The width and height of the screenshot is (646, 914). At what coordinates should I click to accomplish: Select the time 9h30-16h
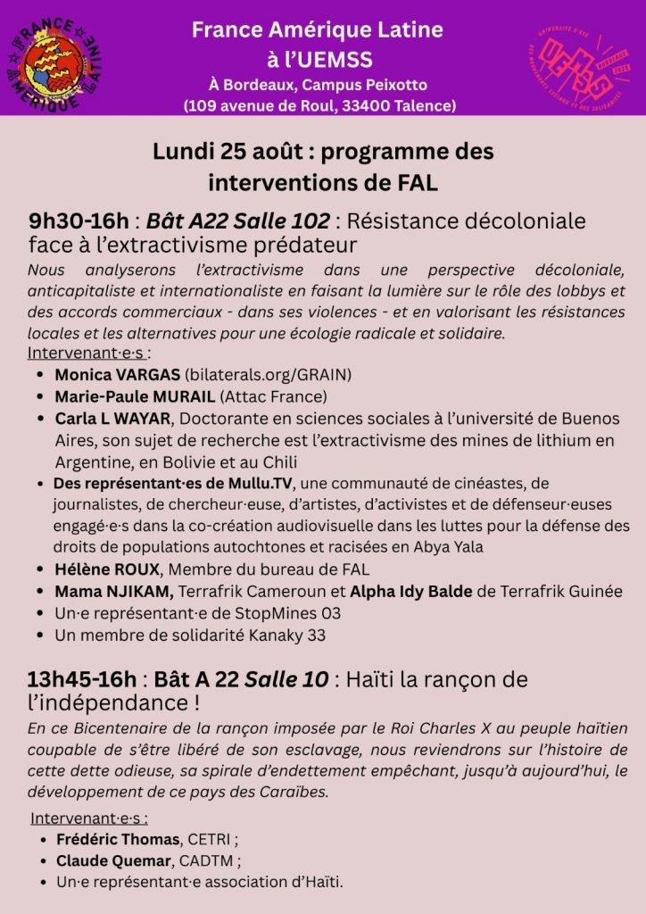pos(79,220)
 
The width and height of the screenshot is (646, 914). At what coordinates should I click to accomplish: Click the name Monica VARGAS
pos(118,374)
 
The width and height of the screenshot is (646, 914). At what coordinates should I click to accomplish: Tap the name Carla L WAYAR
pos(112,419)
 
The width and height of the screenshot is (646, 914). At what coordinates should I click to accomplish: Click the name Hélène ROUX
pos(106,569)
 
